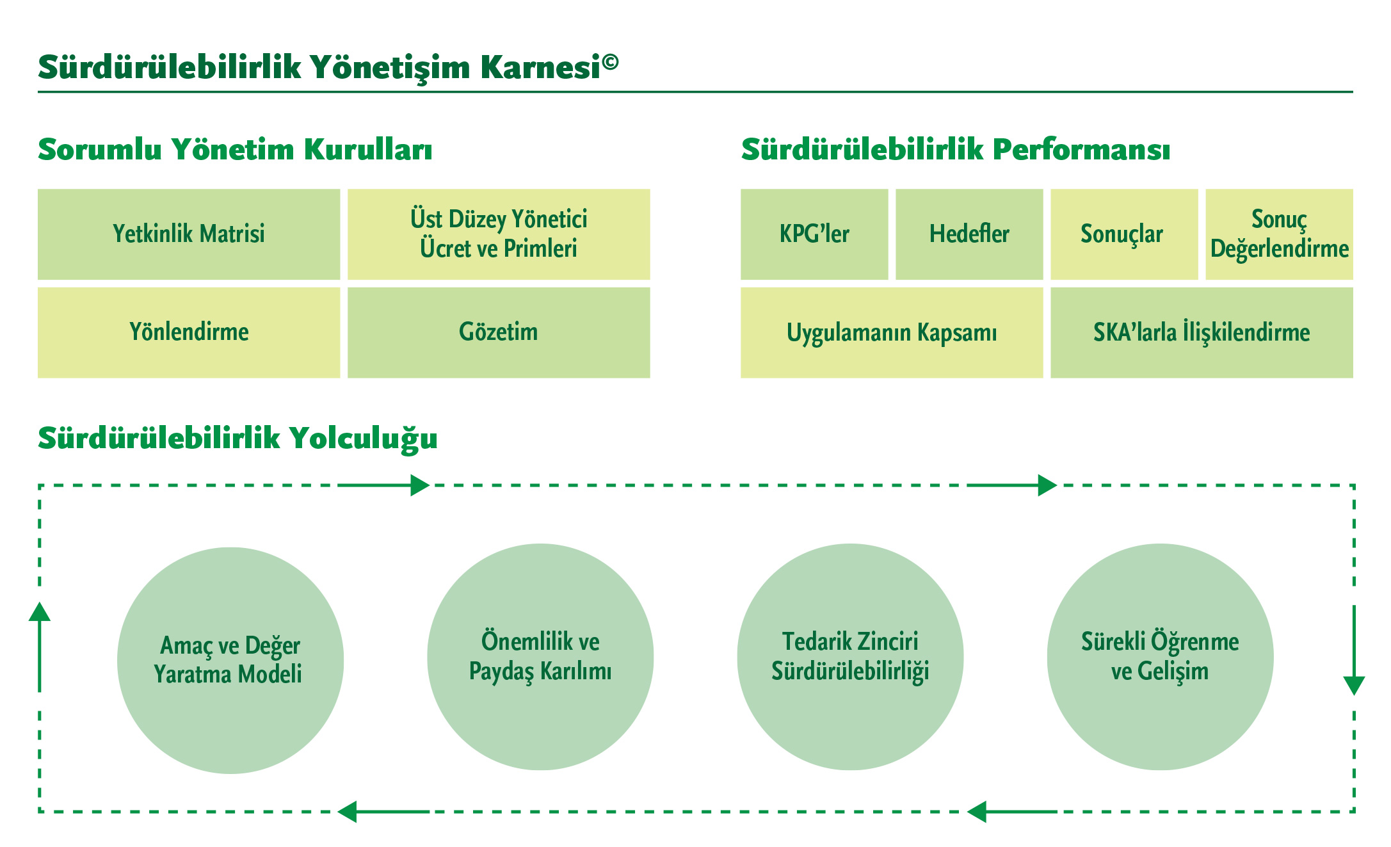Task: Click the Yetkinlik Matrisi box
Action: pos(189,234)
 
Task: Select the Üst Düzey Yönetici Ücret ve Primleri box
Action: pos(499,234)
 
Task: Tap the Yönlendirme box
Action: pos(189,332)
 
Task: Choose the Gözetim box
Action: pos(499,332)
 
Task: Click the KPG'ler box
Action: pos(814,234)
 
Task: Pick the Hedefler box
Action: pos(969,234)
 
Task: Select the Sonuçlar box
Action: pos(1124,234)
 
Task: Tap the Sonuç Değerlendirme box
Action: pos(1279,234)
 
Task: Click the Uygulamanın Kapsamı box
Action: pos(892,332)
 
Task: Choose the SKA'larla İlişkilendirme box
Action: pos(1202,332)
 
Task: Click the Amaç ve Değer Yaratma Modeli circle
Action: pos(230,660)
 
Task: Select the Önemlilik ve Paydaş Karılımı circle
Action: pos(540,657)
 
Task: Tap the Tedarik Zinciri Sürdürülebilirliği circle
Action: pos(850,657)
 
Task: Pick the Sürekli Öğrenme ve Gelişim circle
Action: pos(1160,657)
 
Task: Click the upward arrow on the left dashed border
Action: pos(40,647)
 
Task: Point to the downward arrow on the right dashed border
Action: pos(1354,650)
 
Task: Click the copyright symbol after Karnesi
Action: pos(610,61)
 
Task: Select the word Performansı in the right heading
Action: pos(1081,150)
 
